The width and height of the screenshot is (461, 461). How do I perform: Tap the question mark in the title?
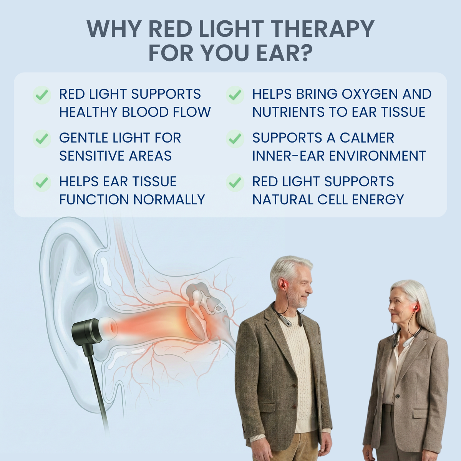pyautogui.click(x=305, y=53)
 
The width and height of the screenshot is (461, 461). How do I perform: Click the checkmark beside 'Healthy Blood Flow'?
pyautogui.click(x=42, y=95)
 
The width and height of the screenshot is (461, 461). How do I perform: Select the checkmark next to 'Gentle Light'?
pyautogui.click(x=42, y=138)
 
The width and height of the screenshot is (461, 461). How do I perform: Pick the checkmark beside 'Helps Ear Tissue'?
pyautogui.click(x=42, y=182)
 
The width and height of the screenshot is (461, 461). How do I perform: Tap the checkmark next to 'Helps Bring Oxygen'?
pyautogui.click(x=235, y=95)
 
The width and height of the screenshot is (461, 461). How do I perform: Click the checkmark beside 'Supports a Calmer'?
pyautogui.click(x=235, y=138)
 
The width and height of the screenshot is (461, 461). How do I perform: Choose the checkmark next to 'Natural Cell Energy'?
pyautogui.click(x=235, y=182)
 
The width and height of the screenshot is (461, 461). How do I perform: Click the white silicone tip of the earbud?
pyautogui.click(x=108, y=328)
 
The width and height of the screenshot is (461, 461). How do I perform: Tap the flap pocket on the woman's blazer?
pyautogui.click(x=421, y=413)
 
